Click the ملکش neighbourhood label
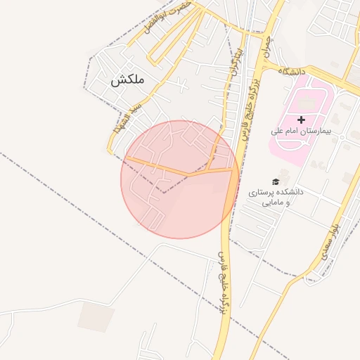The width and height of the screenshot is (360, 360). pyautogui.click(x=127, y=80)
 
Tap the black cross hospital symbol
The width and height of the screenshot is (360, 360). pyautogui.click(x=302, y=120)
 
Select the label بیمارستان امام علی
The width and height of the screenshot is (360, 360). pyautogui.click(x=300, y=131)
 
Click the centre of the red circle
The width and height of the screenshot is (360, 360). pyautogui.click(x=179, y=179)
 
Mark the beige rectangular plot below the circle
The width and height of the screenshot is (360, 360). pyautogui.click(x=96, y=316)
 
